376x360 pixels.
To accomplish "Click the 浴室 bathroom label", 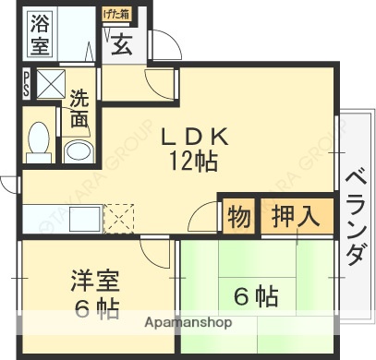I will click(x=40, y=33).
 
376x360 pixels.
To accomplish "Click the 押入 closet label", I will click(x=297, y=218).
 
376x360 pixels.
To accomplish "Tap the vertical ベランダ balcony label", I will click(x=354, y=217).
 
